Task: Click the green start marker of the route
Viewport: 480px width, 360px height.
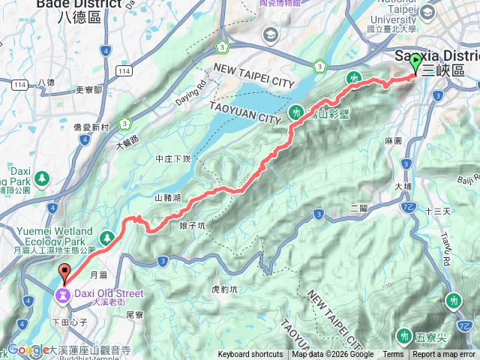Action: pos(415,66)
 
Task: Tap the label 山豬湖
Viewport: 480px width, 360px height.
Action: pos(167,198)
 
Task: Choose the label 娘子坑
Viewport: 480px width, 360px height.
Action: pos(193,224)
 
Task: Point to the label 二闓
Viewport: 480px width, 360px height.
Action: pos(358,207)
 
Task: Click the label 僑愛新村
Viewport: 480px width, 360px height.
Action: pos(94,127)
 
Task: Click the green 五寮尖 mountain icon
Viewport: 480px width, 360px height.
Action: pos(405,334)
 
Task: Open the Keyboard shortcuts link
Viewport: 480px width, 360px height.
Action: pos(250,355)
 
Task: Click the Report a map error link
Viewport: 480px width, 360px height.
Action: pos(445,355)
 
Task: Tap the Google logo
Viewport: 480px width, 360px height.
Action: pos(27,350)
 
